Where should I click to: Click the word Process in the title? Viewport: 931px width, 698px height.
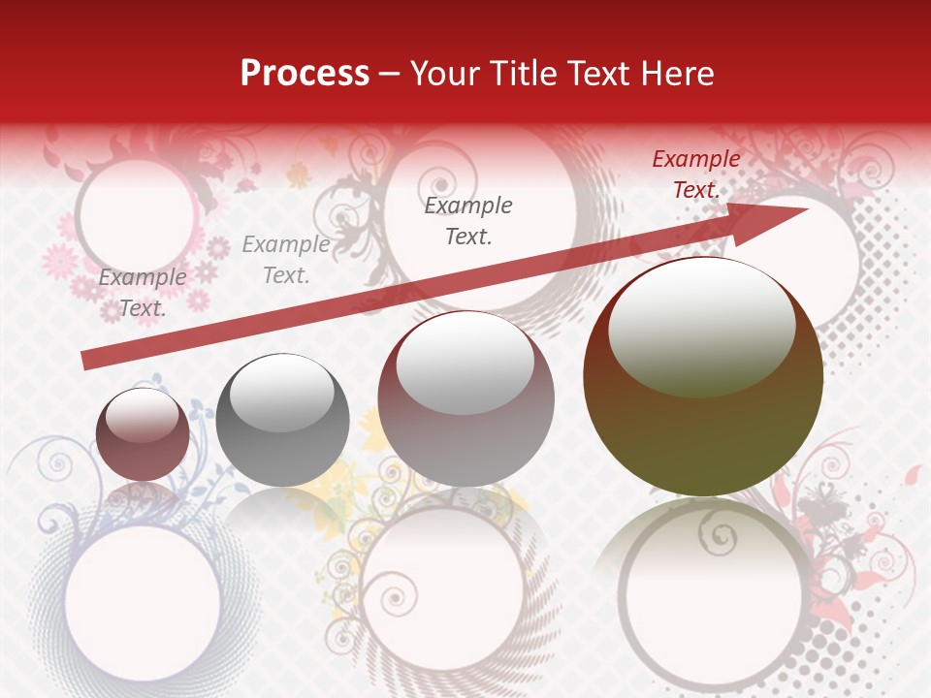tap(305, 74)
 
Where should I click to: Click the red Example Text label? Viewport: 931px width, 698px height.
tap(695, 174)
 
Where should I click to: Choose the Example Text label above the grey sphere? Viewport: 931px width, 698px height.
tap(286, 260)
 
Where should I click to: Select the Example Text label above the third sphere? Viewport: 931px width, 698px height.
tap(468, 221)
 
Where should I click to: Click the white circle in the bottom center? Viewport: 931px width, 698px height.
tap(442, 592)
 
